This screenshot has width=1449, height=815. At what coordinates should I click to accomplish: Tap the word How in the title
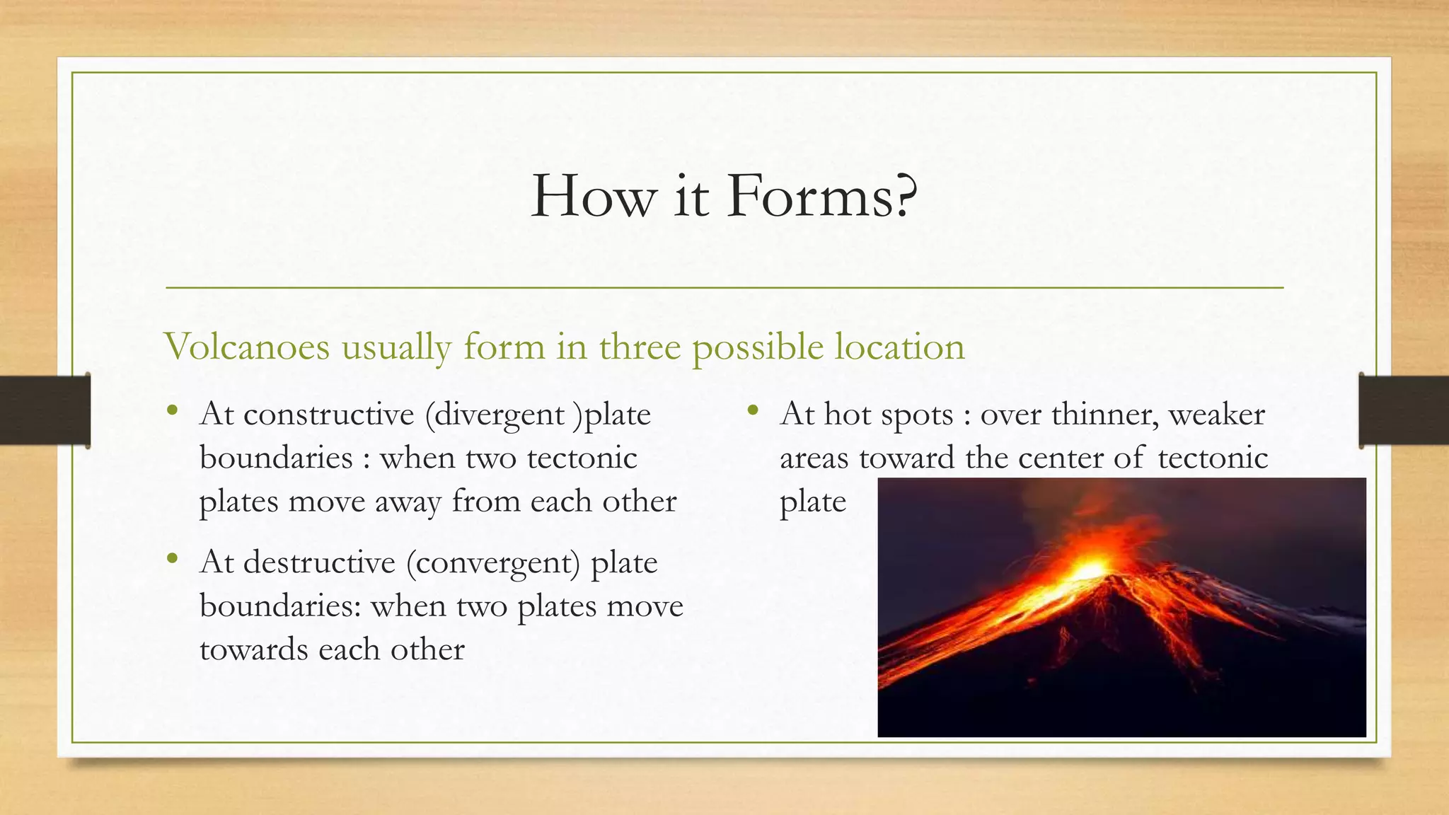click(x=593, y=196)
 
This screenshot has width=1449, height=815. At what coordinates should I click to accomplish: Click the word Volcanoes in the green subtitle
click(x=247, y=347)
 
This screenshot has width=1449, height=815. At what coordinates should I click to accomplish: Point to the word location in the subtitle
click(x=899, y=347)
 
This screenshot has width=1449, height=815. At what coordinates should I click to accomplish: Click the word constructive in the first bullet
click(x=328, y=415)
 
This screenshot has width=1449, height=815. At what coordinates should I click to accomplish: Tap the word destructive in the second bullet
click(x=319, y=563)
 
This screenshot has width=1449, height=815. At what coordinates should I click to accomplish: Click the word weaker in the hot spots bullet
click(x=1216, y=415)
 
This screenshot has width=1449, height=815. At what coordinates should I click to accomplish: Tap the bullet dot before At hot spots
click(x=752, y=410)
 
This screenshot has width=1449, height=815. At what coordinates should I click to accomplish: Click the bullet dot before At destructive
click(x=172, y=559)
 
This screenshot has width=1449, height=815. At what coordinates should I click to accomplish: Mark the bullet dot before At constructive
click(x=172, y=410)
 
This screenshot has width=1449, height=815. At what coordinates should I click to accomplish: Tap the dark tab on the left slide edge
click(x=45, y=410)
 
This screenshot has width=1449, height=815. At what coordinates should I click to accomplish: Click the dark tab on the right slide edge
click(x=1404, y=410)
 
